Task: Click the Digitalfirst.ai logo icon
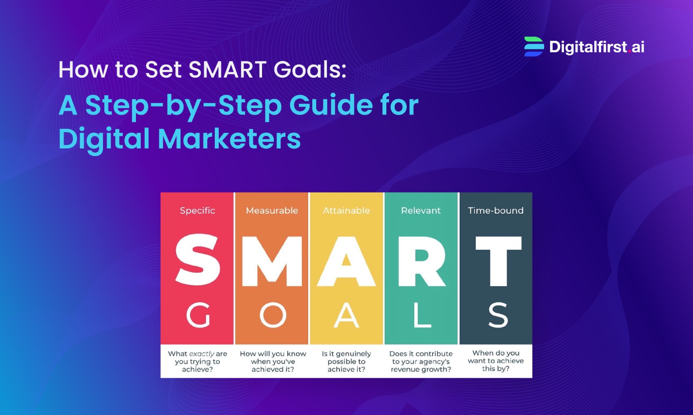tap(534, 47)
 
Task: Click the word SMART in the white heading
tap(227, 70)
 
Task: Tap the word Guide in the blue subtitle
tap(330, 105)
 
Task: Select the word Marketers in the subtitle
tap(229, 139)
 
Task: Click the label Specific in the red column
tap(198, 211)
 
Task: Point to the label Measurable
tap(272, 211)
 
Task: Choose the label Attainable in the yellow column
tap(346, 211)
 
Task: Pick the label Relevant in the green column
tap(421, 211)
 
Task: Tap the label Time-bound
tap(495, 211)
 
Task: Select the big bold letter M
tap(272, 261)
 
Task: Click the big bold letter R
tap(421, 261)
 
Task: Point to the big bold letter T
tap(498, 261)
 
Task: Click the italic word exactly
tap(202, 354)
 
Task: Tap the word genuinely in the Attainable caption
tap(353, 354)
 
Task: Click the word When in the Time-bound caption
tap(482, 353)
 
